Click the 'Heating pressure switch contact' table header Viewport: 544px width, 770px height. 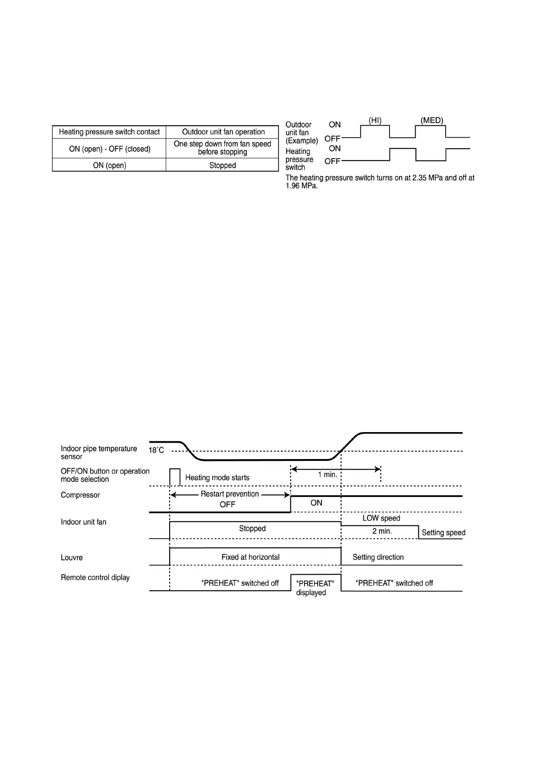[109, 132]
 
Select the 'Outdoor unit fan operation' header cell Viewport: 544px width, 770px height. [223, 132]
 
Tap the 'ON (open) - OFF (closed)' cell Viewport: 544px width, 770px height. [109, 149]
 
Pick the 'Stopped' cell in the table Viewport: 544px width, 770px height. [223, 166]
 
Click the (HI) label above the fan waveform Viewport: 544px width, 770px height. [375, 121]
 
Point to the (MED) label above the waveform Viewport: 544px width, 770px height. [432, 121]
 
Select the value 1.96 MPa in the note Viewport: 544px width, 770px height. [301, 186]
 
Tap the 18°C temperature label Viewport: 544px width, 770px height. [156, 450]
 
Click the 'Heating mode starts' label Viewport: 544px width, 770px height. [217, 478]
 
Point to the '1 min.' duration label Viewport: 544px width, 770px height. [328, 475]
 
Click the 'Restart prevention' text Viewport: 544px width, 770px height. [229, 494]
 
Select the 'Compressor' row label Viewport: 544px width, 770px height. [80, 495]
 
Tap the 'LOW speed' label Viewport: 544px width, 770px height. [381, 519]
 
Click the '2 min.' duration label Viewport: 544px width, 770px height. [382, 531]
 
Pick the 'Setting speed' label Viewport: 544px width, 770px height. [443, 533]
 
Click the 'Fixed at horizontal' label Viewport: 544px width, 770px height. [251, 557]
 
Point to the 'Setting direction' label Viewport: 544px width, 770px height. [378, 557]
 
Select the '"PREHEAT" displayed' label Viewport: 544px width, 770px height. [315, 588]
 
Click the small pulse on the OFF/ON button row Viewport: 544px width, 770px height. [175, 476]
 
